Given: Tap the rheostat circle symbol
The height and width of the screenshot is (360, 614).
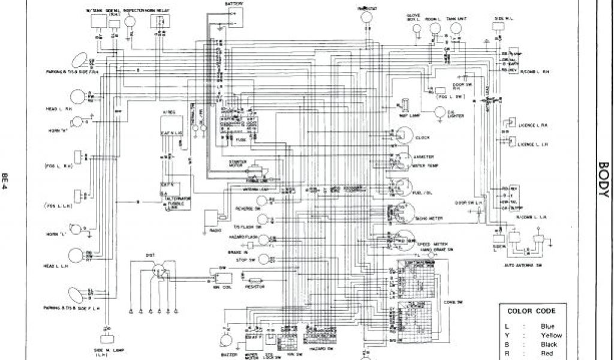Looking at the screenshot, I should coord(363,19).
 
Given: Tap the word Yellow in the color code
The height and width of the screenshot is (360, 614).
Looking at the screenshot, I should coord(552,335).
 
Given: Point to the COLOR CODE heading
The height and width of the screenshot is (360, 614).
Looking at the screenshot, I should coord(531,311).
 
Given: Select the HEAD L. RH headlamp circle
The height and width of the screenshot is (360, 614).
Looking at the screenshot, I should coord(78,96).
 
